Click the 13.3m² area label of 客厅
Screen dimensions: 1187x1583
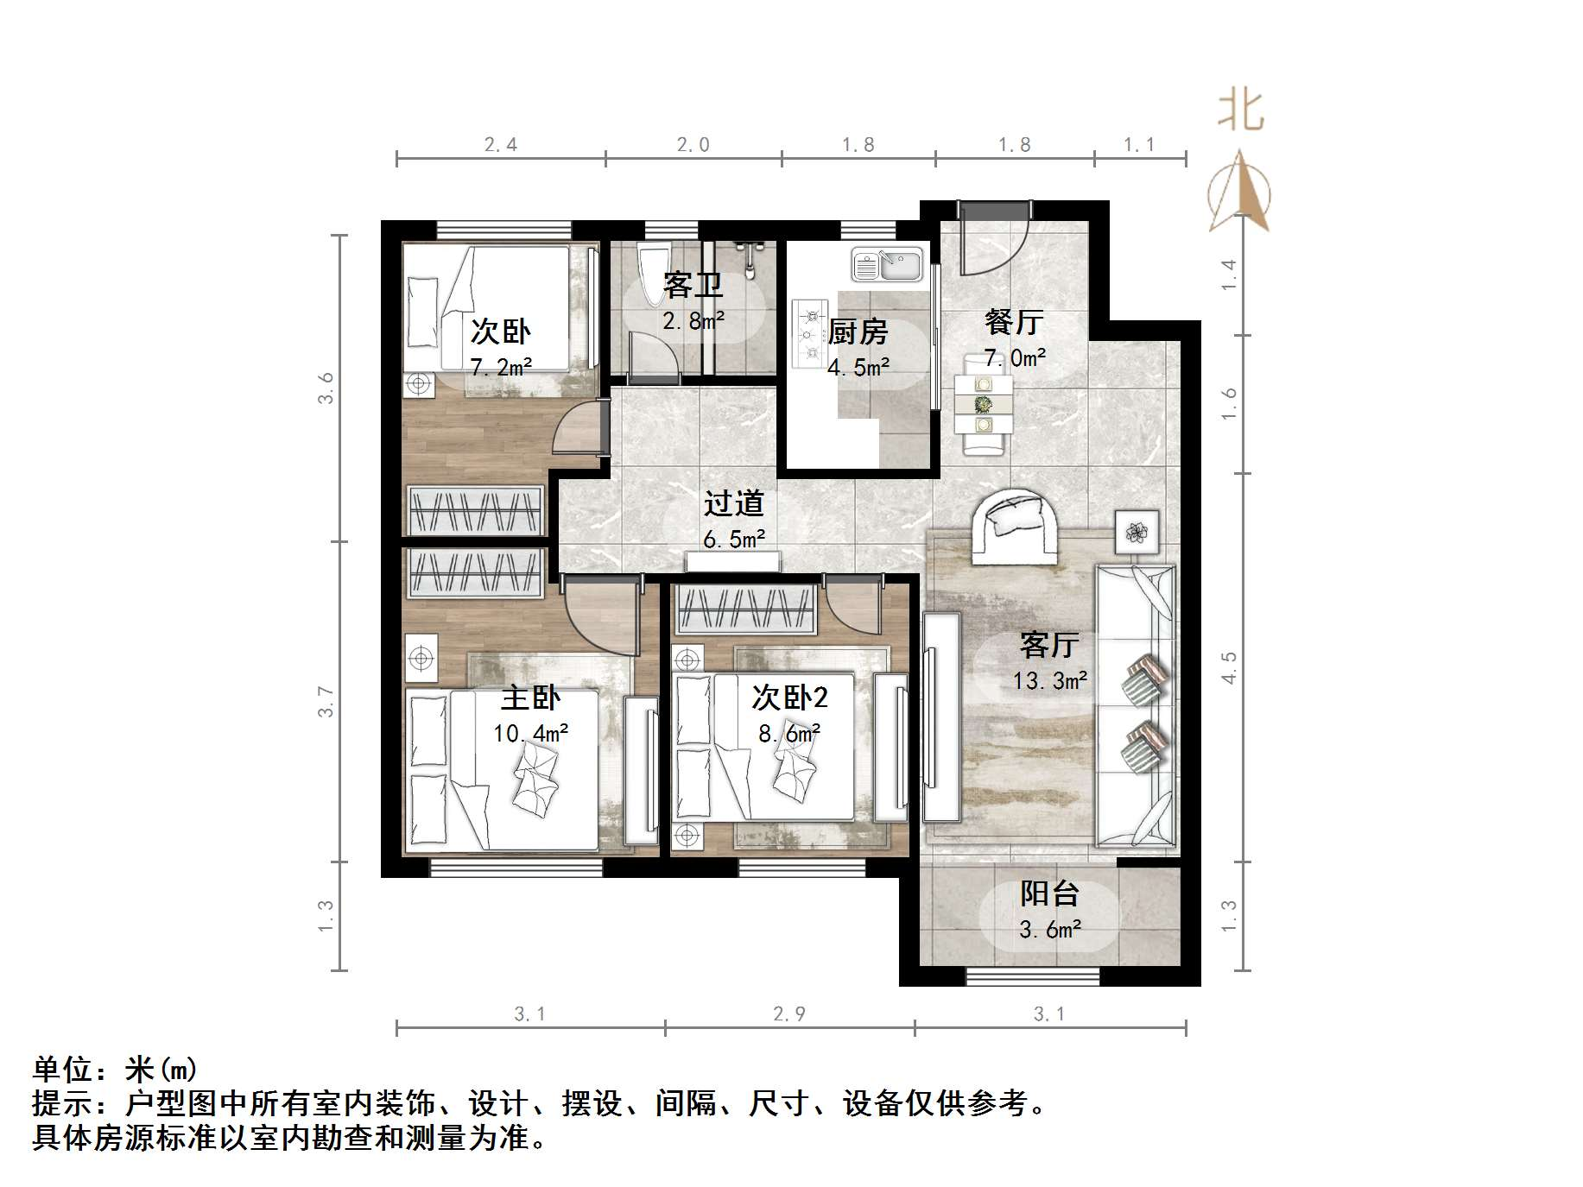click(1049, 681)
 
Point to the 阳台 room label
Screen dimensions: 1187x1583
click(1049, 893)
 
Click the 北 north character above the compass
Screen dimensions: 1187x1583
click(1241, 111)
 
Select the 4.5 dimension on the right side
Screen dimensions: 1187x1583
click(1229, 667)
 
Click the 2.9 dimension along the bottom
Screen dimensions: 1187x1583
click(789, 1013)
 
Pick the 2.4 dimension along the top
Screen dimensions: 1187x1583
click(500, 144)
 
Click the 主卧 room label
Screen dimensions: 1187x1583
click(530, 698)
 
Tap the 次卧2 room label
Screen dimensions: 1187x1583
click(789, 697)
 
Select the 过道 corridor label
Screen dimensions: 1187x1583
click(733, 503)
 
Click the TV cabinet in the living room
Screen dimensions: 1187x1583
click(940, 717)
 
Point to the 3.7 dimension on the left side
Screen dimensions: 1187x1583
click(326, 701)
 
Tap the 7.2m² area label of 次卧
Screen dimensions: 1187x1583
click(501, 367)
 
